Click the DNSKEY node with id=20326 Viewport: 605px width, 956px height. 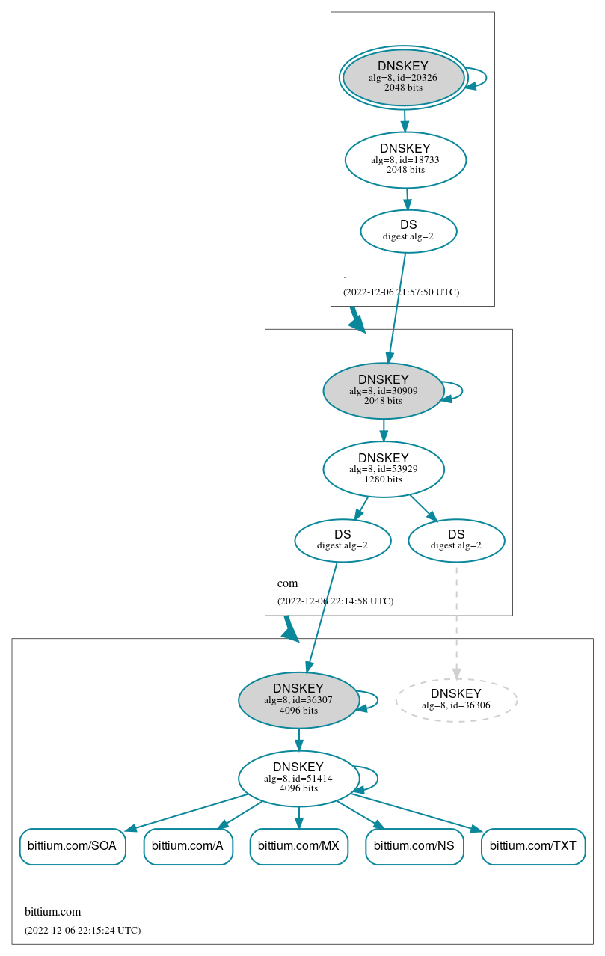(404, 77)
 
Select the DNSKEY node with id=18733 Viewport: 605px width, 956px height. (405, 159)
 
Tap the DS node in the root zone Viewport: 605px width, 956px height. (408, 230)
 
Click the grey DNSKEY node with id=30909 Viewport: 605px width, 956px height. (384, 390)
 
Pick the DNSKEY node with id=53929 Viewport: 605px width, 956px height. (384, 469)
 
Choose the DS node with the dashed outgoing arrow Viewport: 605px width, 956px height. (456, 540)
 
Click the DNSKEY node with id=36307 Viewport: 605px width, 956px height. (298, 700)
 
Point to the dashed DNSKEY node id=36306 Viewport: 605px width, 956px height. (456, 699)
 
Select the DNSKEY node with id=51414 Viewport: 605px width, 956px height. (298, 778)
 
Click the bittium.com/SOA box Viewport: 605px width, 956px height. (72, 846)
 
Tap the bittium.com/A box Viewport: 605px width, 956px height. (188, 846)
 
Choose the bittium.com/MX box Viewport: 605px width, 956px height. (298, 846)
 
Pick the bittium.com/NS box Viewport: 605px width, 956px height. (414, 846)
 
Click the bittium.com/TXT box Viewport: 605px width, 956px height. (533, 846)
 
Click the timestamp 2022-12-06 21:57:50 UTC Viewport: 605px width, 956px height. (401, 292)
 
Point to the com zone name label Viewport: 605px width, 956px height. (287, 583)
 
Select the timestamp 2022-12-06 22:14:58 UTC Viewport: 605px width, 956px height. (335, 601)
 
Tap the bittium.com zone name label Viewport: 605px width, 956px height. (52, 912)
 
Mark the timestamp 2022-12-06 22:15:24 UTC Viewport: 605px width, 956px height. (82, 931)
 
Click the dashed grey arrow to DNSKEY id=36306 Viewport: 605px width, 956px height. (456, 621)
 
